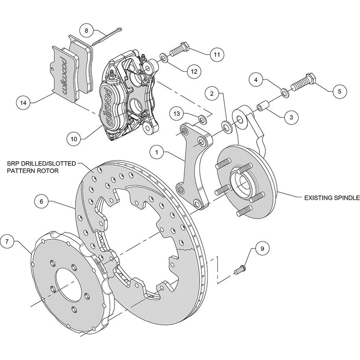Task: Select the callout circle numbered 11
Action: [x=216, y=54]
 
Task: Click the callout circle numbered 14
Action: [x=24, y=101]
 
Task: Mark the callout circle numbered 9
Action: [x=262, y=248]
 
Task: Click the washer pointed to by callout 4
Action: [x=284, y=92]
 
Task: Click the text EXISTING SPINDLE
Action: [x=331, y=197]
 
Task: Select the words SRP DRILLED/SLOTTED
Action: [x=41, y=163]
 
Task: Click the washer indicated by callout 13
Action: [x=202, y=120]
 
